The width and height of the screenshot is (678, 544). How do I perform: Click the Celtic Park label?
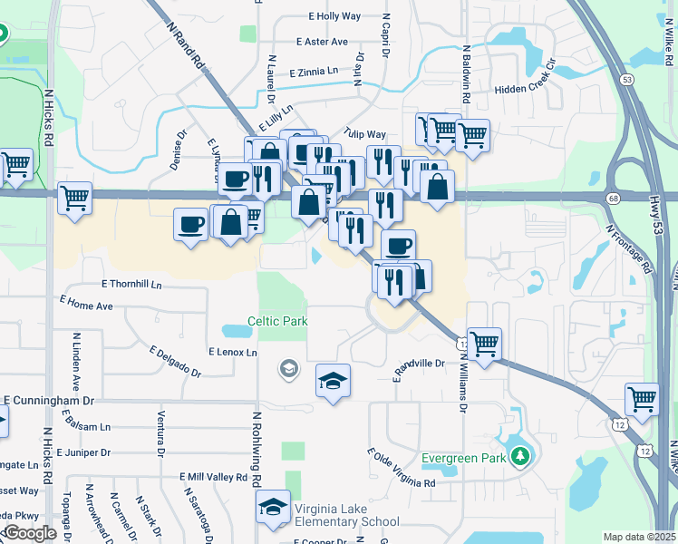[x=278, y=322]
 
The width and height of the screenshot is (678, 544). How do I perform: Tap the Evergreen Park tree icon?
[x=520, y=456]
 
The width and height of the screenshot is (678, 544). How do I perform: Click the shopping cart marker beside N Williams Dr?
[x=485, y=345]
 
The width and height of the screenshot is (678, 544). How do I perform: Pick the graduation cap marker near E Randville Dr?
[x=334, y=382]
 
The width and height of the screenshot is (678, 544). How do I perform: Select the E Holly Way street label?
[x=334, y=16]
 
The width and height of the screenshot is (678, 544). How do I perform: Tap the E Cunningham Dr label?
[x=49, y=400]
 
